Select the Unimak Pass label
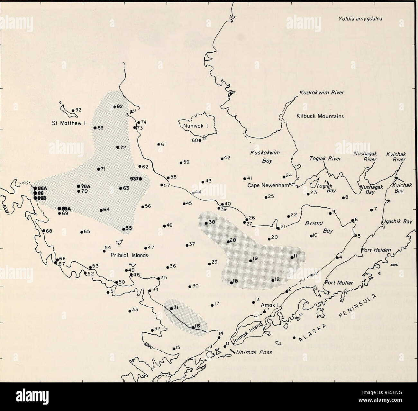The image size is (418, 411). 254,352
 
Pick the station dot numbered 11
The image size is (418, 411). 292,257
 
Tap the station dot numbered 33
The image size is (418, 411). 129,310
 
